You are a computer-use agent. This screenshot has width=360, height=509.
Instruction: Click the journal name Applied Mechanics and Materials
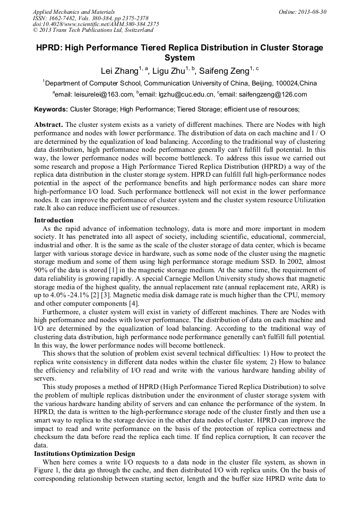tap(73, 12)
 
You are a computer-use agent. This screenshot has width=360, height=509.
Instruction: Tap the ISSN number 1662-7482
tap(65, 18)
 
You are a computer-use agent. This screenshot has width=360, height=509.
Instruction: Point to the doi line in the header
tap(96, 24)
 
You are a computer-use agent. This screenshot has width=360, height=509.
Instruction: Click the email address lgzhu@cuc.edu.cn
tap(177, 94)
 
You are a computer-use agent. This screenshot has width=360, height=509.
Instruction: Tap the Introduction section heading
tap(54, 220)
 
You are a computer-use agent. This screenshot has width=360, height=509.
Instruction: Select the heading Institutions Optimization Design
tap(84, 454)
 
